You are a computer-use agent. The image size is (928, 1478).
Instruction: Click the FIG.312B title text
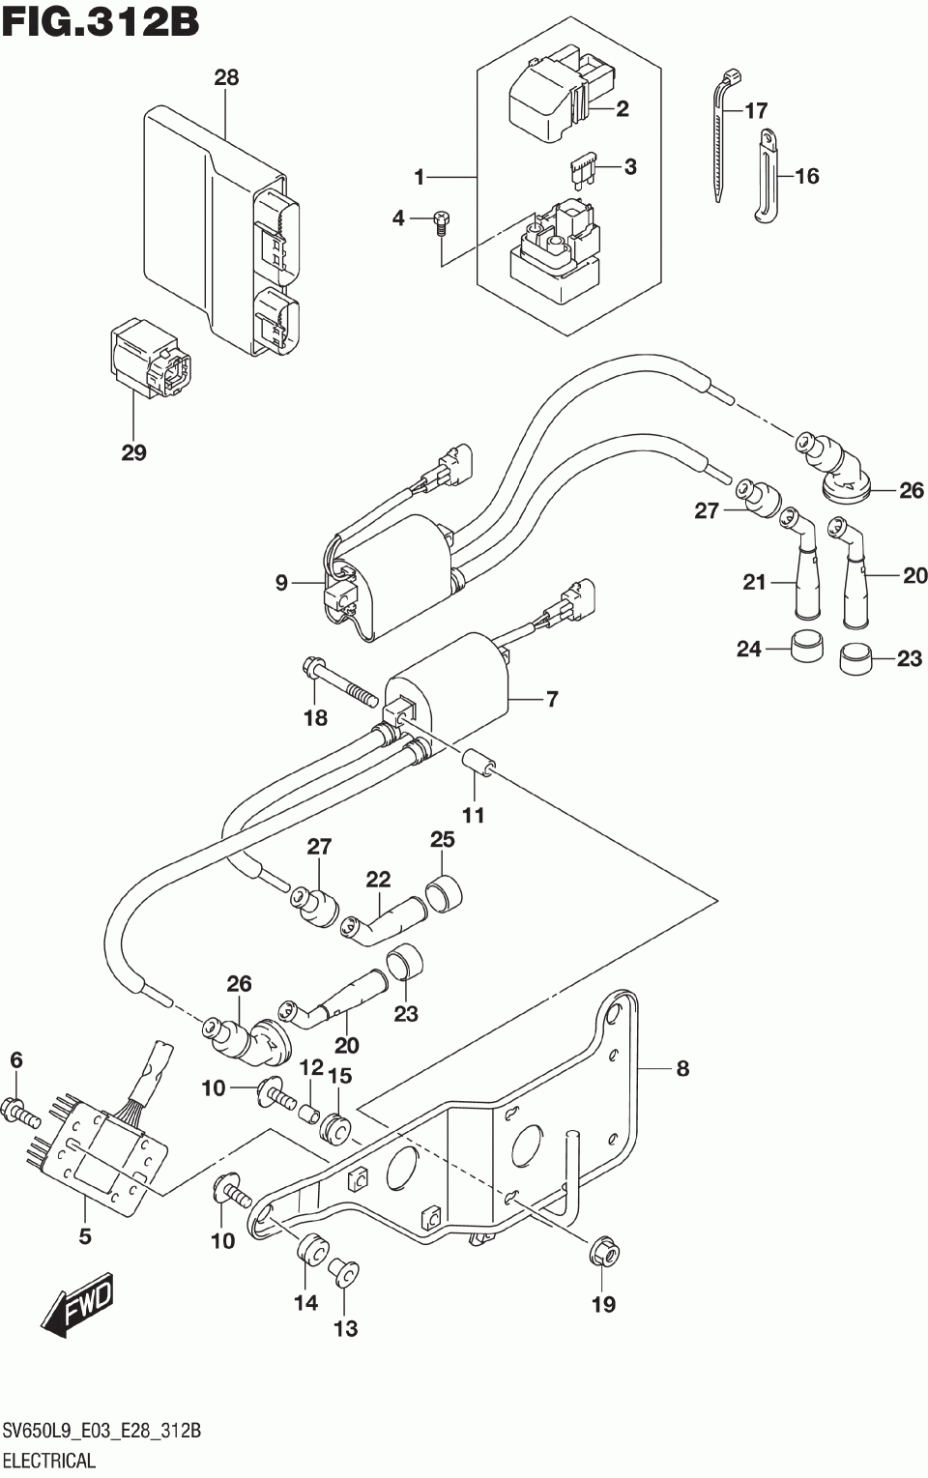point(101,21)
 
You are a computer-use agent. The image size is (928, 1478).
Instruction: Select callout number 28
point(226,78)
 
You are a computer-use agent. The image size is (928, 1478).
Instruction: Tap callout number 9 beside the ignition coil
point(282,583)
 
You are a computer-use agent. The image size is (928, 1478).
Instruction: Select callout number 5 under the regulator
point(84,1236)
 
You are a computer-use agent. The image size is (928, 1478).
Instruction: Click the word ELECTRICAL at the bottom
point(49,1460)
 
